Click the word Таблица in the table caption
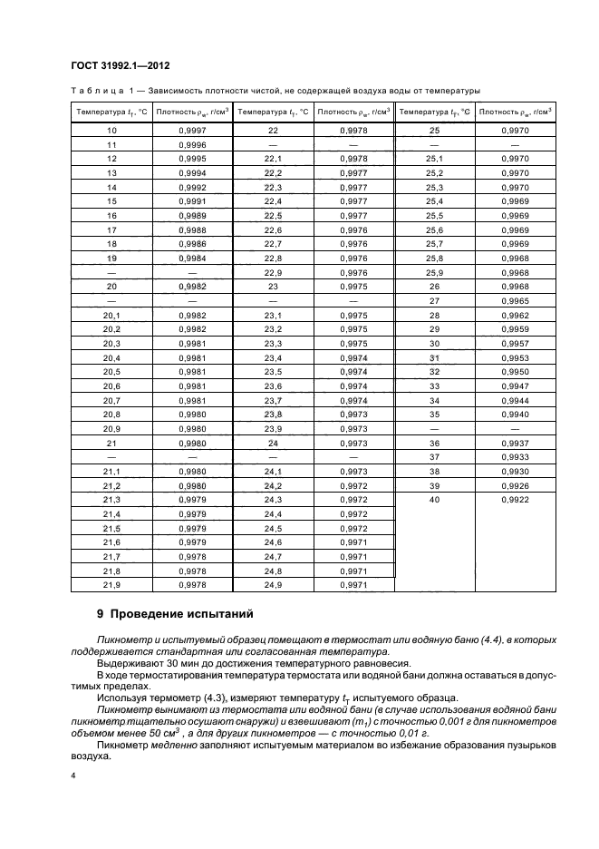97,91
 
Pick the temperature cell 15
112,200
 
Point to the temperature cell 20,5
112,371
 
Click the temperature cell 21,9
112,585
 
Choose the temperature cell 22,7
274,243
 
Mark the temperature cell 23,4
274,357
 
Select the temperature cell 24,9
274,585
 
